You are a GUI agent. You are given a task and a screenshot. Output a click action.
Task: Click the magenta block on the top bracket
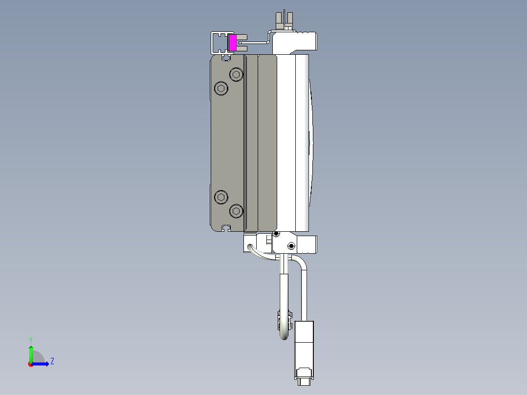pos(233,43)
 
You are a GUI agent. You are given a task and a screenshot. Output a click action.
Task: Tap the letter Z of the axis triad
pos(52,362)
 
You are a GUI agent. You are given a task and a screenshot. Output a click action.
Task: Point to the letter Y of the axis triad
pos(30,339)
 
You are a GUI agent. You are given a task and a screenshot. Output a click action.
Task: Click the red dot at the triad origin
pos(30,364)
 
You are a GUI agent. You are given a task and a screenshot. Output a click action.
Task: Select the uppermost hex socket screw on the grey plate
pos(237,75)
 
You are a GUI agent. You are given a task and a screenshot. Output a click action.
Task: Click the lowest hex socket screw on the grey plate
pos(237,211)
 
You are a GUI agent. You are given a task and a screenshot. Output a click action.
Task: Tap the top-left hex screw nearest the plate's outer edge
pos(221,89)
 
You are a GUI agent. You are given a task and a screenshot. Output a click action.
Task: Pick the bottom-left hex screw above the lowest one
pos(221,197)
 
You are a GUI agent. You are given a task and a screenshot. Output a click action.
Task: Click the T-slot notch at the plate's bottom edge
pos(226,228)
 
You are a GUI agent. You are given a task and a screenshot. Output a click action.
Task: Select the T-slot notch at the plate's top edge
pos(226,58)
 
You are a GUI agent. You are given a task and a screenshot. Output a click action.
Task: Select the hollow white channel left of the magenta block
pos(218,43)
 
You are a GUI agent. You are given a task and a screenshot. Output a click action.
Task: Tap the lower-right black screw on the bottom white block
pos(291,245)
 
